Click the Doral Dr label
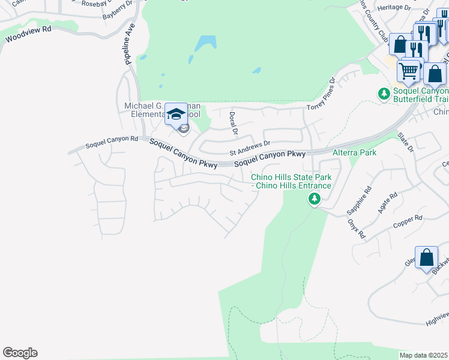click(234, 124)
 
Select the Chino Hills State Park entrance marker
click(314, 199)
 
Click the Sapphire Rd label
click(360, 200)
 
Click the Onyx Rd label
click(357, 228)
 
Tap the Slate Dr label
click(406, 144)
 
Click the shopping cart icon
click(409, 71)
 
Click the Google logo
click(20, 353)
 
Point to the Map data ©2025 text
click(424, 355)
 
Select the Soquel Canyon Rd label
click(112, 142)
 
